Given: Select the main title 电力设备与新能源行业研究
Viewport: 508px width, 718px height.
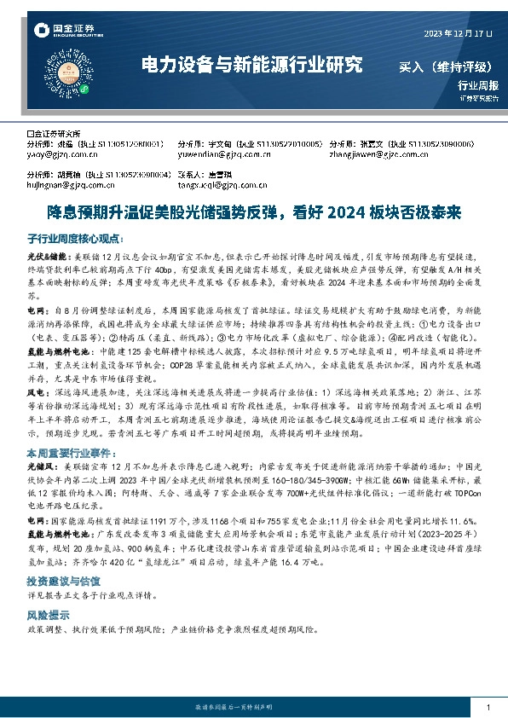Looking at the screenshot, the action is [251, 65].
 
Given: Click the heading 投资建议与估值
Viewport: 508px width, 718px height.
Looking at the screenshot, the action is [63, 579].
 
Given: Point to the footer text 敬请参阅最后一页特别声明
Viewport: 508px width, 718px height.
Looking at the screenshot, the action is [253, 709].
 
